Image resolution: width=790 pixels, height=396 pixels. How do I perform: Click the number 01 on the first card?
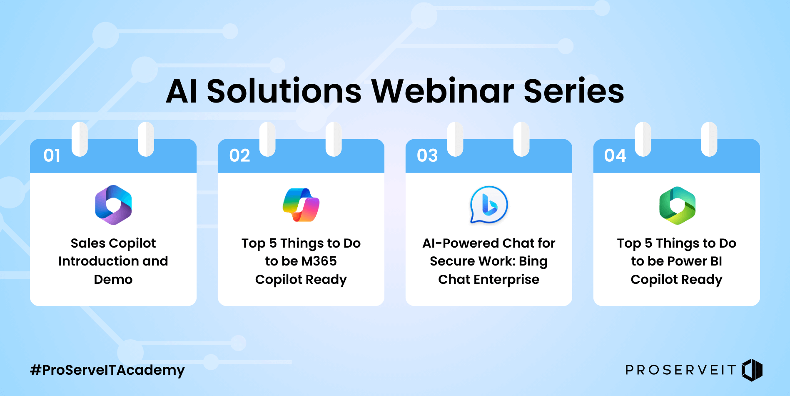pyautogui.click(x=52, y=155)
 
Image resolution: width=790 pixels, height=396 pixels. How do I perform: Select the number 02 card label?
pyautogui.click(x=239, y=155)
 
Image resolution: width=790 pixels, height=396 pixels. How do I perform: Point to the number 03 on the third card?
pyautogui.click(x=427, y=155)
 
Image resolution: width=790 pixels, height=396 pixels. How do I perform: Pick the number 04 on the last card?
pyautogui.click(x=615, y=155)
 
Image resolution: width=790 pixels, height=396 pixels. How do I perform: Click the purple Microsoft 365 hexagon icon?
pyautogui.click(x=113, y=205)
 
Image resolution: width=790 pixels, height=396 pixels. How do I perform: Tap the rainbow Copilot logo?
pyautogui.click(x=301, y=205)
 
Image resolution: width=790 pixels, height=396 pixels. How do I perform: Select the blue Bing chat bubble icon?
pyautogui.click(x=488, y=205)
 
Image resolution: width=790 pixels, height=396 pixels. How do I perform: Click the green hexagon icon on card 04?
pyautogui.click(x=677, y=205)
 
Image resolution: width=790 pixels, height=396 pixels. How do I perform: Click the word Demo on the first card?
pyautogui.click(x=113, y=279)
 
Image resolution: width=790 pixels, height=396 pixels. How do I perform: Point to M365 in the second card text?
pyautogui.click(x=319, y=261)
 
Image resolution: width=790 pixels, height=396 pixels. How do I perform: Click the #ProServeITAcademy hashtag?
pyautogui.click(x=107, y=370)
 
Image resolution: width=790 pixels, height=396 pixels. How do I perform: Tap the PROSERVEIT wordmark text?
pyautogui.click(x=680, y=370)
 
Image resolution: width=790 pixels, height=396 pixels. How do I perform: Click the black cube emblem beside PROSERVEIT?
pyautogui.click(x=752, y=370)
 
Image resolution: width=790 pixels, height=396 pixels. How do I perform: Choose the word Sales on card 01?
pyautogui.click(x=88, y=243)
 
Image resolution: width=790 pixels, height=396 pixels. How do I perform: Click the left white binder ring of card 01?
pyautogui.click(x=80, y=139)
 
